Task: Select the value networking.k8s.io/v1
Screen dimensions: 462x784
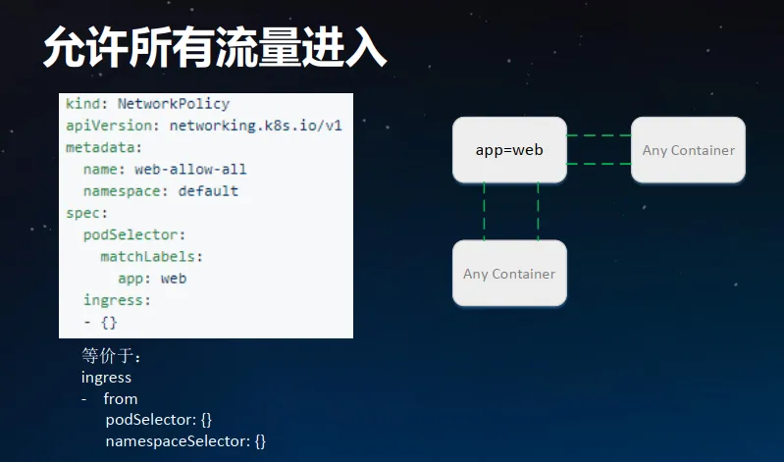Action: pyautogui.click(x=255, y=126)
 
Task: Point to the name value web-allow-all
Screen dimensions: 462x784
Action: pyautogui.click(x=190, y=169)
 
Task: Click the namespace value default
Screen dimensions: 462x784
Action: pyautogui.click(x=208, y=190)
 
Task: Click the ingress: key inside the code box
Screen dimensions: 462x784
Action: pyautogui.click(x=117, y=300)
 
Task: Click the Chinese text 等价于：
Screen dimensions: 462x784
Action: pyautogui.click(x=112, y=356)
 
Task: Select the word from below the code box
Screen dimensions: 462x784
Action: pyautogui.click(x=121, y=398)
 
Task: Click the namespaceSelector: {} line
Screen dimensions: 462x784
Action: pyautogui.click(x=185, y=441)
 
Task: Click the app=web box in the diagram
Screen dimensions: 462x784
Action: pyautogui.click(x=509, y=150)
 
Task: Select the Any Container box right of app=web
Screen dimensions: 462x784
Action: pyautogui.click(x=688, y=150)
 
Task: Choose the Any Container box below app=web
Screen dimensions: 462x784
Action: pyautogui.click(x=509, y=274)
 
